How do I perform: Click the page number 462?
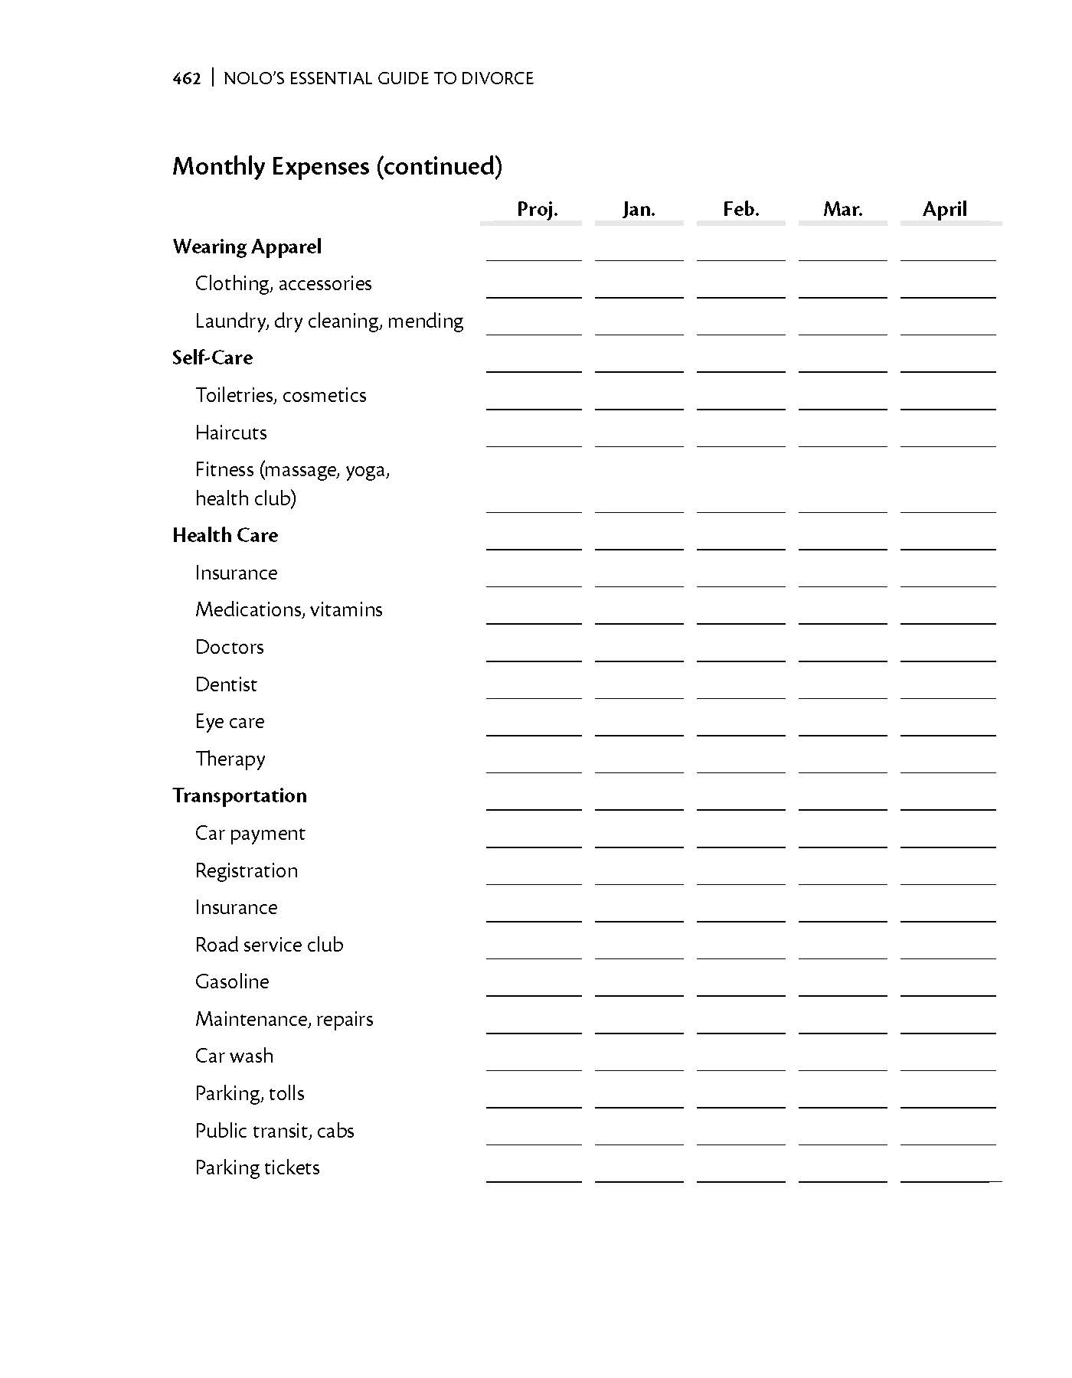coord(187,78)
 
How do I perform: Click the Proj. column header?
coord(537,209)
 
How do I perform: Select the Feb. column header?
coord(740,209)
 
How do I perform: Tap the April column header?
coord(944,209)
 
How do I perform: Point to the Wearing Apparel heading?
coord(247,247)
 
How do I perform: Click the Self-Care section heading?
coord(212,358)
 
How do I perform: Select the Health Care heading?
coord(225,535)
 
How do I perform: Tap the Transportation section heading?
coord(239,795)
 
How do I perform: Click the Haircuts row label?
coord(230,433)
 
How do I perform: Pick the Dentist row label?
coord(226,684)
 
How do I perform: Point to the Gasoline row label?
coord(232,981)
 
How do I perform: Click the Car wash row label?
coord(234,1056)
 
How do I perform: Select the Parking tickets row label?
coord(257,1167)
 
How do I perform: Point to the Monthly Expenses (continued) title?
coord(337,166)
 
